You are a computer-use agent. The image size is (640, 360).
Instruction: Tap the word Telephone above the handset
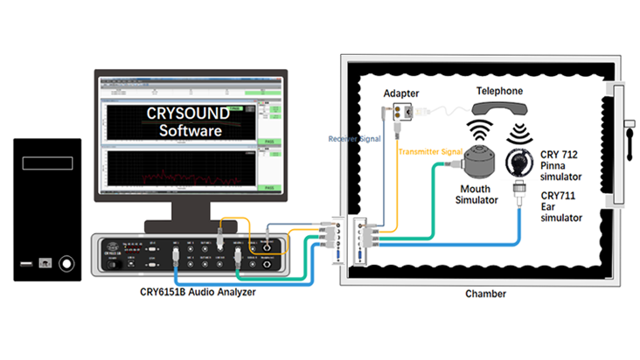point(499,90)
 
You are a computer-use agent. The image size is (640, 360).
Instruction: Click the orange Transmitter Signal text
point(429,150)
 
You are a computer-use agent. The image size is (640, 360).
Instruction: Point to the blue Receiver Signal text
point(355,138)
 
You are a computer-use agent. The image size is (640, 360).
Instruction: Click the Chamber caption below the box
point(485,294)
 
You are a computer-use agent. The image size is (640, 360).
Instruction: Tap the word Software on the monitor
point(189,131)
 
